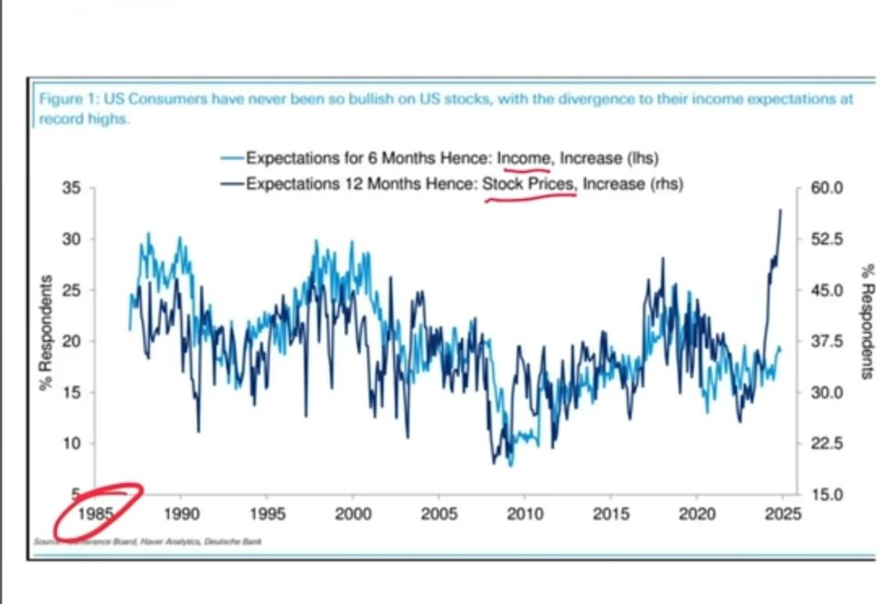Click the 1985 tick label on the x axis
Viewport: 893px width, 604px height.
[x=95, y=514]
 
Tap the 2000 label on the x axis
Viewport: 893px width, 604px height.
[x=352, y=514]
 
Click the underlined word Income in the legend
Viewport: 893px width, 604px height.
[x=523, y=159]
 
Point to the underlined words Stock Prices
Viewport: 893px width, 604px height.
[x=529, y=184]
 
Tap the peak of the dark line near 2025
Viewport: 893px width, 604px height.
[x=780, y=209]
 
